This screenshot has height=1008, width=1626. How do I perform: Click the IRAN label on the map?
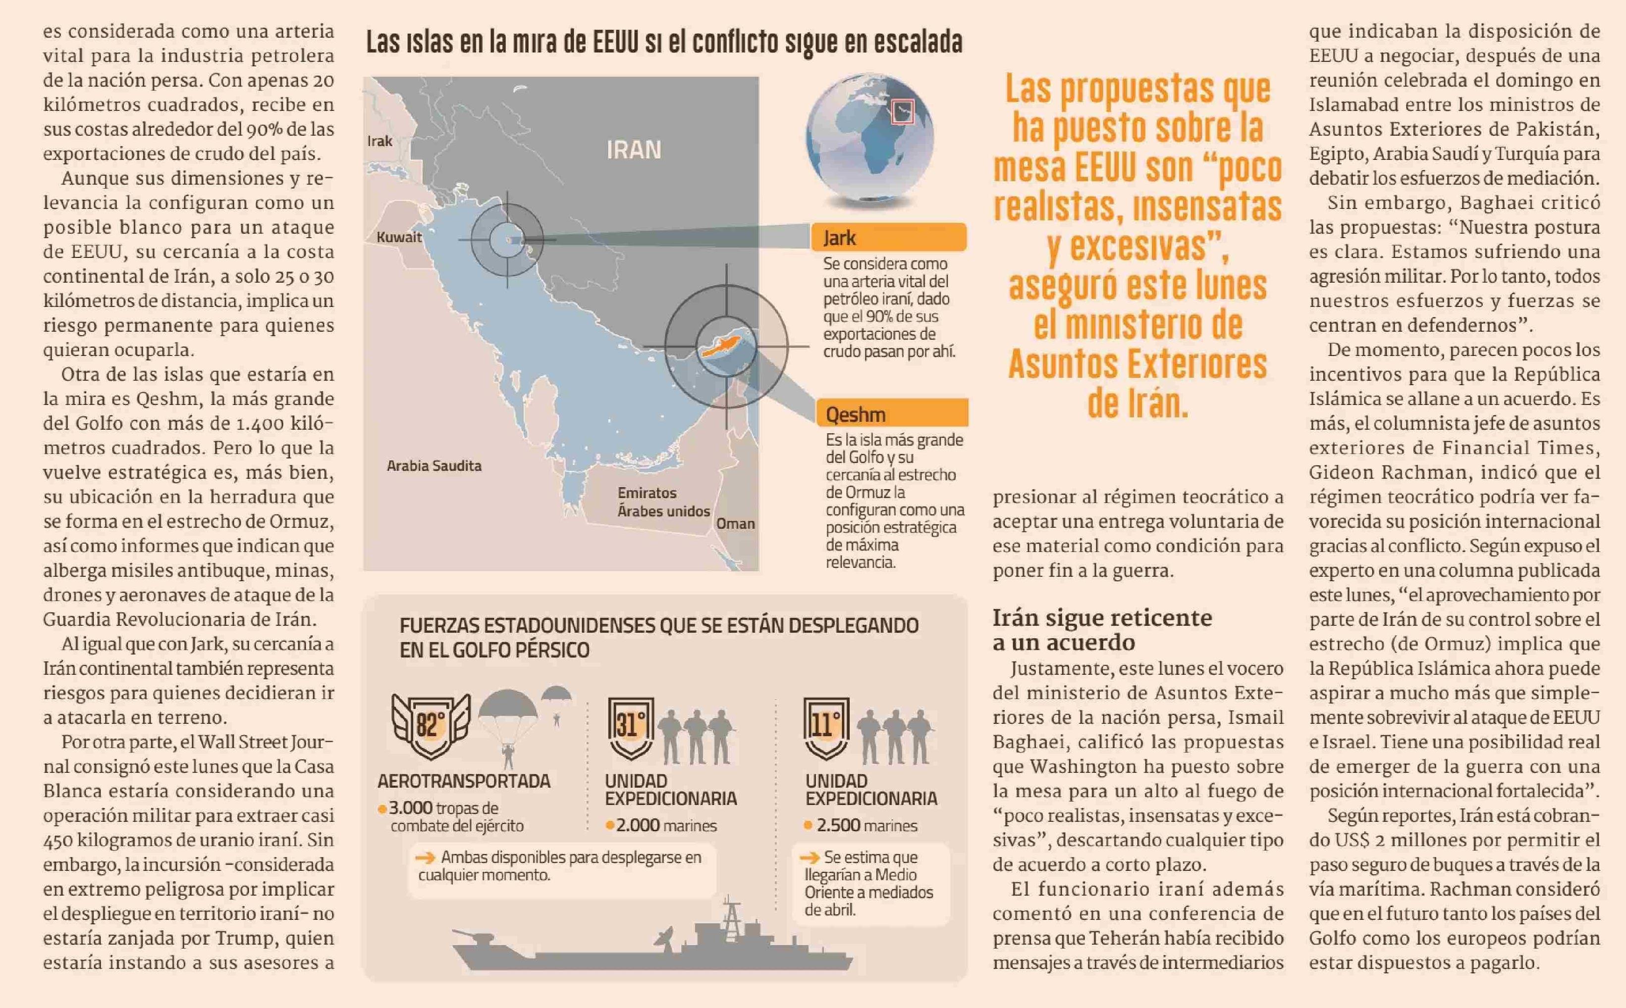(x=634, y=150)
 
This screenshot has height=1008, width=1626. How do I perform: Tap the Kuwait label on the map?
(x=399, y=237)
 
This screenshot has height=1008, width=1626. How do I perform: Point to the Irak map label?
(x=379, y=141)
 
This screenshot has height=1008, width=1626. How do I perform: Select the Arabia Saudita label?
(x=434, y=466)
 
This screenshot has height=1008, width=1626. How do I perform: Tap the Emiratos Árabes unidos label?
(x=663, y=502)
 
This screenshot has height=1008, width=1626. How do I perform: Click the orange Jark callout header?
(x=888, y=237)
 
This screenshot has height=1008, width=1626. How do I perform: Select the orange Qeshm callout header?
(x=892, y=414)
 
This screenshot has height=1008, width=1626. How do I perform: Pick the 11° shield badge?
(x=826, y=727)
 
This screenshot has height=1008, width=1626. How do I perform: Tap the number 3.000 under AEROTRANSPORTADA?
(x=411, y=808)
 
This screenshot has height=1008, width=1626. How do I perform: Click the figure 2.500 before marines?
(x=838, y=825)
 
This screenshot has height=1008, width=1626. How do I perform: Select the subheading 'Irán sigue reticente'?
(x=1102, y=618)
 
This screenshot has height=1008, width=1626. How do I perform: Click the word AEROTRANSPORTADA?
(x=464, y=781)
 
